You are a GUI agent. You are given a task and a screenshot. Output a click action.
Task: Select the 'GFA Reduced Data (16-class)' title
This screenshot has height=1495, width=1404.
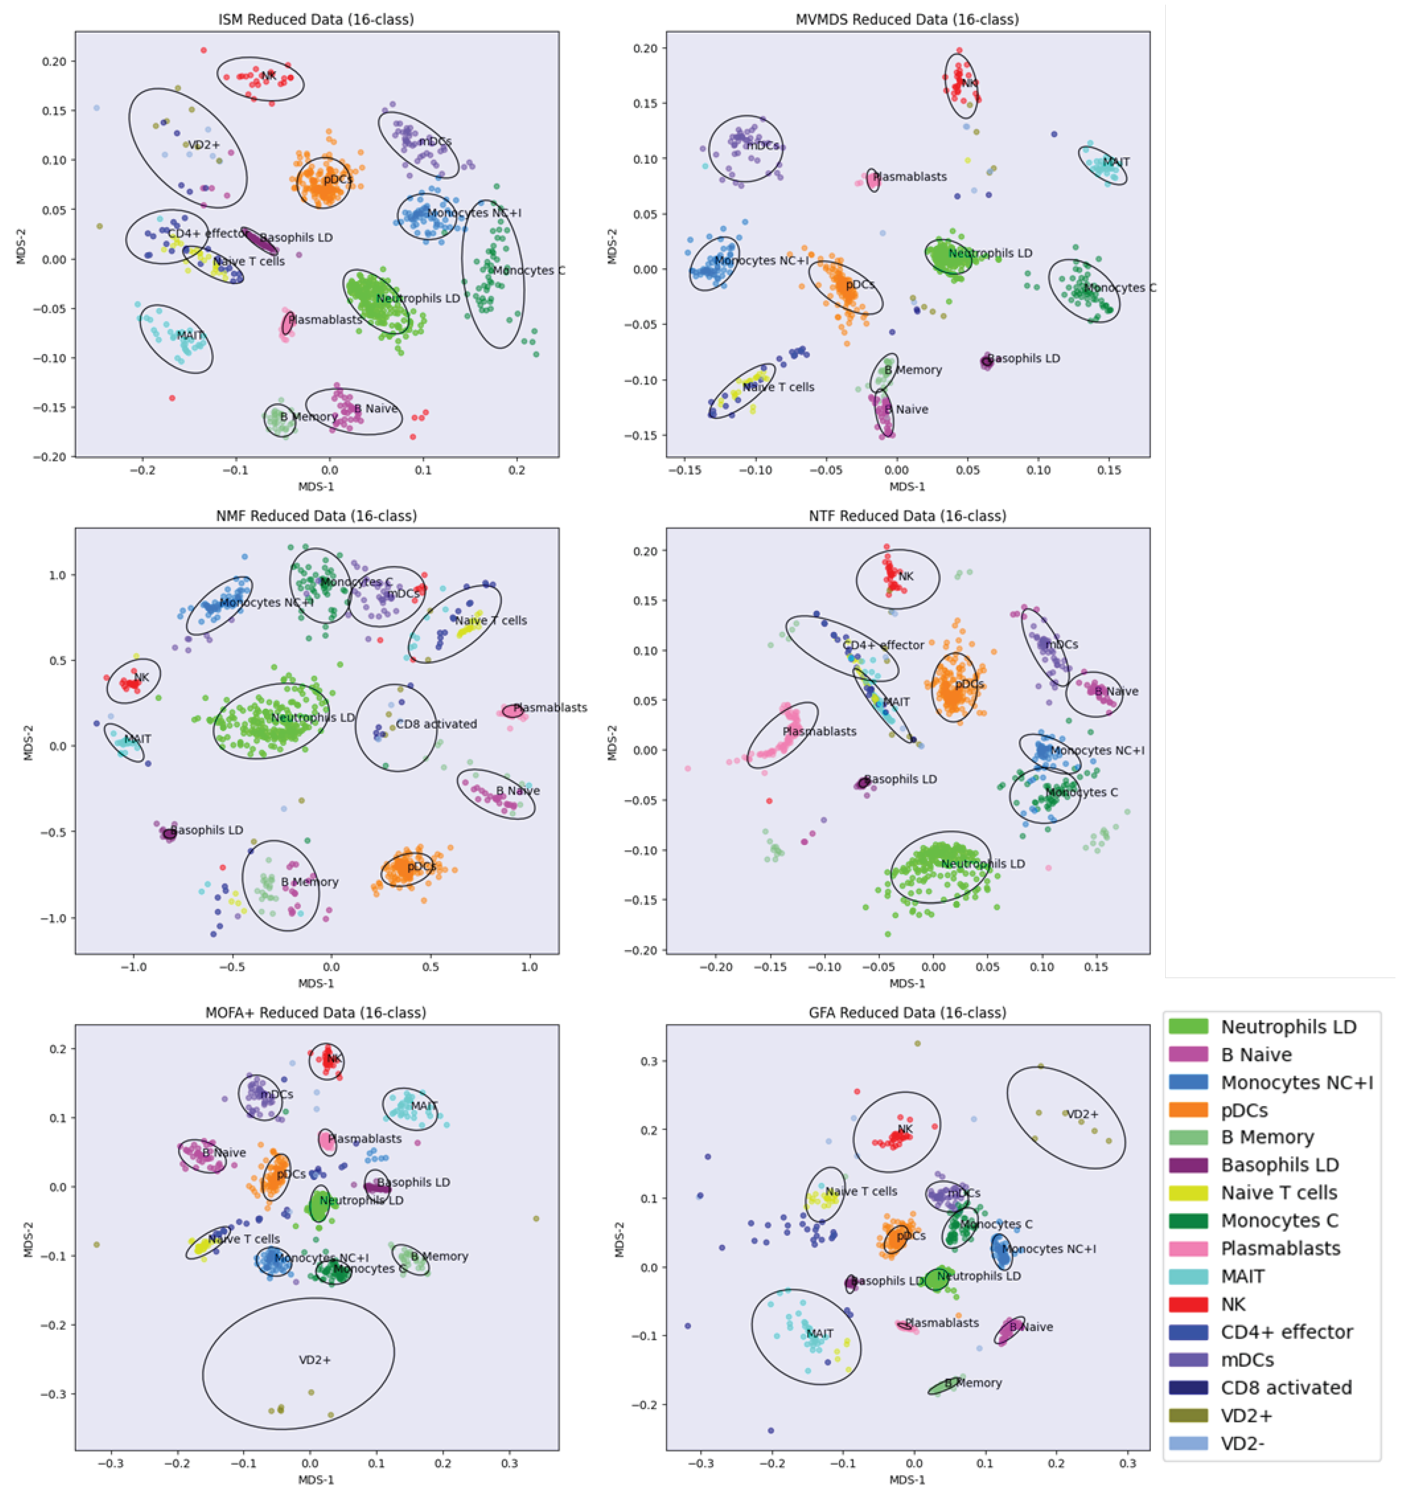(907, 1012)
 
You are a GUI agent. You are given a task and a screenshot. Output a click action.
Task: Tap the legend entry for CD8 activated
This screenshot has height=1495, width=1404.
(1286, 1387)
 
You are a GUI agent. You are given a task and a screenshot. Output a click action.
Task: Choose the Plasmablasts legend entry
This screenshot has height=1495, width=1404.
(1280, 1248)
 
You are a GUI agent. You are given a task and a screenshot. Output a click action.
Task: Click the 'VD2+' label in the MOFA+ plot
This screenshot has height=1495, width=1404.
(314, 1360)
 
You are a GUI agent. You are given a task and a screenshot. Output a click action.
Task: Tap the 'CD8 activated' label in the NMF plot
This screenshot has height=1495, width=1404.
(436, 724)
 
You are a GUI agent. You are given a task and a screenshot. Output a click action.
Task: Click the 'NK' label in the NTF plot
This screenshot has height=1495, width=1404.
(906, 576)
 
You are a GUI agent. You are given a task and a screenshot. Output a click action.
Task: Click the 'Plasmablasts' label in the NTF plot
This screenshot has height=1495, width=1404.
(819, 731)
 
